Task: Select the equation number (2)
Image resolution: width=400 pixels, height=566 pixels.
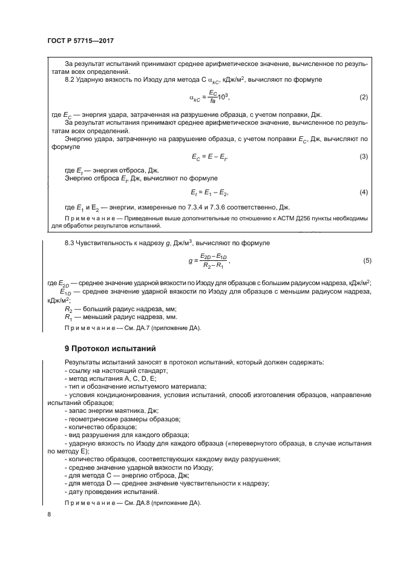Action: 364,97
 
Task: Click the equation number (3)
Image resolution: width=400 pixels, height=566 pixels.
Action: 364,157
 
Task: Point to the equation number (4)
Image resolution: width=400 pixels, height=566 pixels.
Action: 364,192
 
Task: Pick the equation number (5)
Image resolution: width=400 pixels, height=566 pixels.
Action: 367,261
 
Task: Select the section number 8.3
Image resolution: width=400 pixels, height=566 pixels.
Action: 70,243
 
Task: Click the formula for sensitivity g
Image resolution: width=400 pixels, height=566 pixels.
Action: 209,261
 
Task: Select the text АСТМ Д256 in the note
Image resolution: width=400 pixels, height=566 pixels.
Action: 283,218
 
